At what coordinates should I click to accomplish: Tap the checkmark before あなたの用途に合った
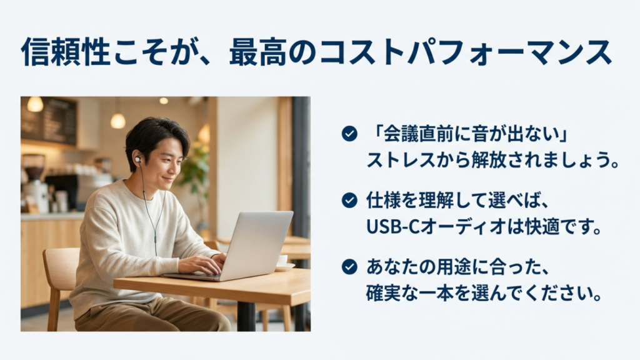coord(349,267)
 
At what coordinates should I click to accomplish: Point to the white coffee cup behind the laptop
coord(282,261)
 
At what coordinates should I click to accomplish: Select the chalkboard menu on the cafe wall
coord(49,121)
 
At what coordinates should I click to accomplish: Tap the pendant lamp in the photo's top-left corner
coord(35,104)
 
